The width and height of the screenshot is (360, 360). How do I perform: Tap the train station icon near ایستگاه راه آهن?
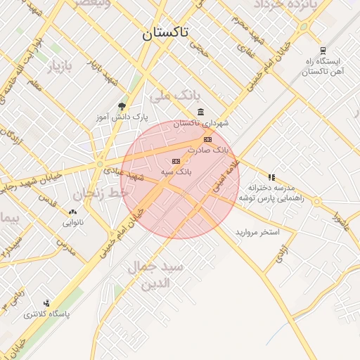point(323,50)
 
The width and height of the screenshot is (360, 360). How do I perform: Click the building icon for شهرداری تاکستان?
point(201,112)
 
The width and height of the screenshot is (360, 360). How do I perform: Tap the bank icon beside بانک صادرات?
point(207,140)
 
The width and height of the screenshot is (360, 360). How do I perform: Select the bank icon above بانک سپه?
point(175,161)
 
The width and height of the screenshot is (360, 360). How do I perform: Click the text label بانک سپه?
point(181,171)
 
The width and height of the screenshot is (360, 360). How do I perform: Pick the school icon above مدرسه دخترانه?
point(271,177)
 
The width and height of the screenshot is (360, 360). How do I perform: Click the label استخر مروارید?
point(257,231)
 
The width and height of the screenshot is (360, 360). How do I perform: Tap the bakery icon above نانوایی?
point(72,212)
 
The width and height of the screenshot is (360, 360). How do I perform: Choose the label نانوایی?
point(72,223)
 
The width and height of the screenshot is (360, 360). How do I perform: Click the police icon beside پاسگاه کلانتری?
point(46,303)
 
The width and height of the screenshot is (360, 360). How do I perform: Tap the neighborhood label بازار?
point(60,67)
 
